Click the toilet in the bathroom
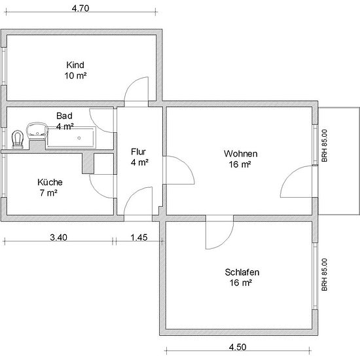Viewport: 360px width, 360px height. pyautogui.click(x=18, y=139)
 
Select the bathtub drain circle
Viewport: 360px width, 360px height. pyautogui.click(x=79, y=138)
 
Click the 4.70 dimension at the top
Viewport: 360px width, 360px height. pyautogui.click(x=81, y=9)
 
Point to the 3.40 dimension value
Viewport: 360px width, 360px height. pyautogui.click(x=58, y=238)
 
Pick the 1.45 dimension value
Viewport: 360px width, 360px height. pyautogui.click(x=139, y=238)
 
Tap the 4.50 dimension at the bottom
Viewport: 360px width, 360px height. pyautogui.click(x=238, y=347)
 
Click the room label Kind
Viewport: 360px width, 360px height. pyautogui.click(x=75, y=65)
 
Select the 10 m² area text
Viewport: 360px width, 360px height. pyautogui.click(x=75, y=75)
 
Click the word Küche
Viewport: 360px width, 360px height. pyautogui.click(x=50, y=183)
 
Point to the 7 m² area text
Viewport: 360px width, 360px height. pyautogui.click(x=48, y=193)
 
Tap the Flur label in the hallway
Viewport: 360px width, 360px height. pyautogui.click(x=139, y=152)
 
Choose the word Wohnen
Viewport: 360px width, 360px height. pyautogui.click(x=241, y=154)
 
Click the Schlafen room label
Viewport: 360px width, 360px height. pyautogui.click(x=242, y=272)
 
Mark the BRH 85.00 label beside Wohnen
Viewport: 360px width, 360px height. pyautogui.click(x=325, y=146)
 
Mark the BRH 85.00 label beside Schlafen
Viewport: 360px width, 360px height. pyautogui.click(x=325, y=275)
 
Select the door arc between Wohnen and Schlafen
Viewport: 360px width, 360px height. pyautogui.click(x=227, y=241)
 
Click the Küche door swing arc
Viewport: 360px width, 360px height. pyautogui.click(x=96, y=191)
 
